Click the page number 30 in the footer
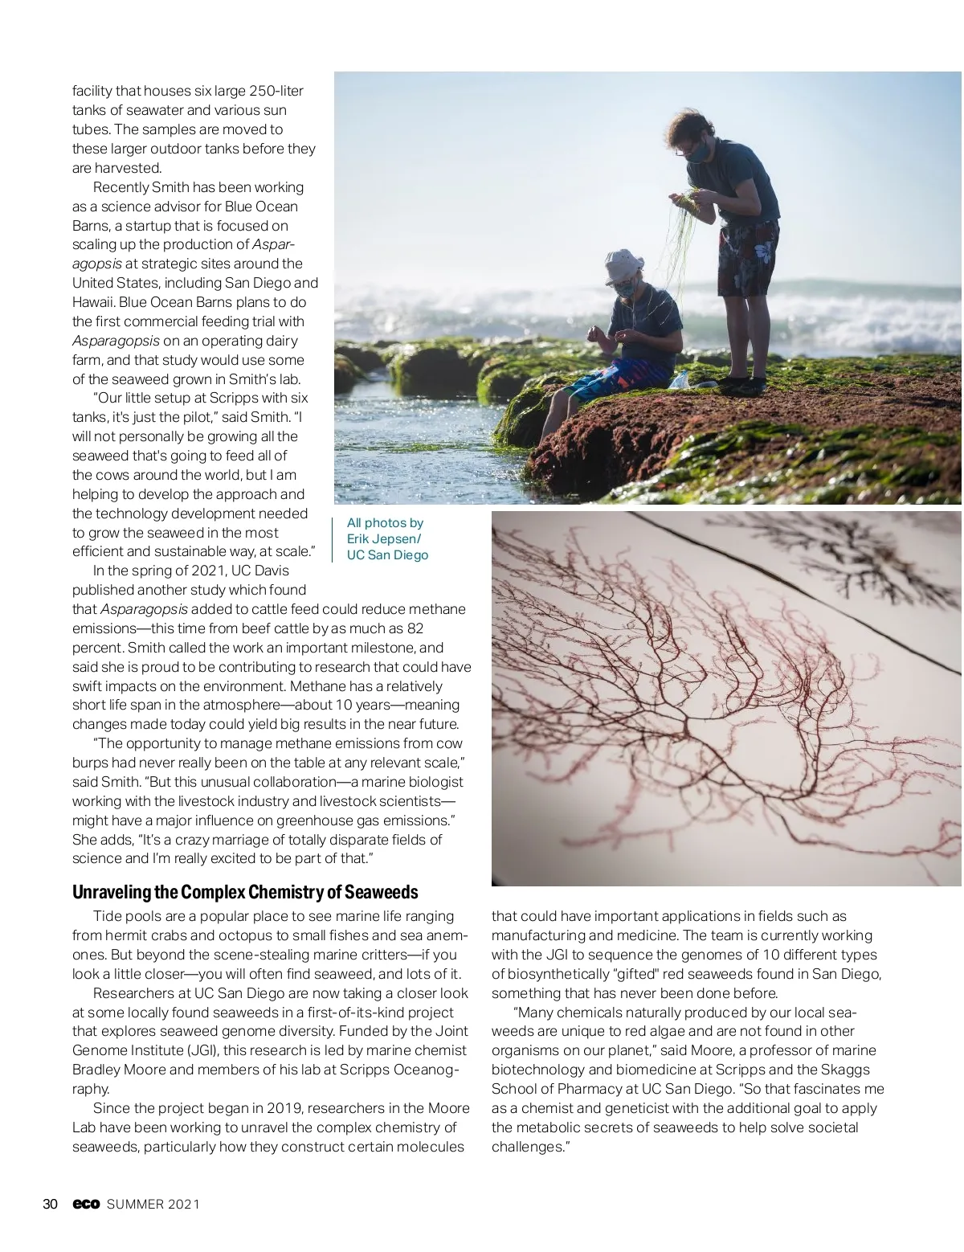(49, 1204)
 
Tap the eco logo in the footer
(86, 1204)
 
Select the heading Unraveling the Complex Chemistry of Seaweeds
(245, 892)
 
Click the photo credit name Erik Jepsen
(382, 538)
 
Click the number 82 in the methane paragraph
(415, 628)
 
